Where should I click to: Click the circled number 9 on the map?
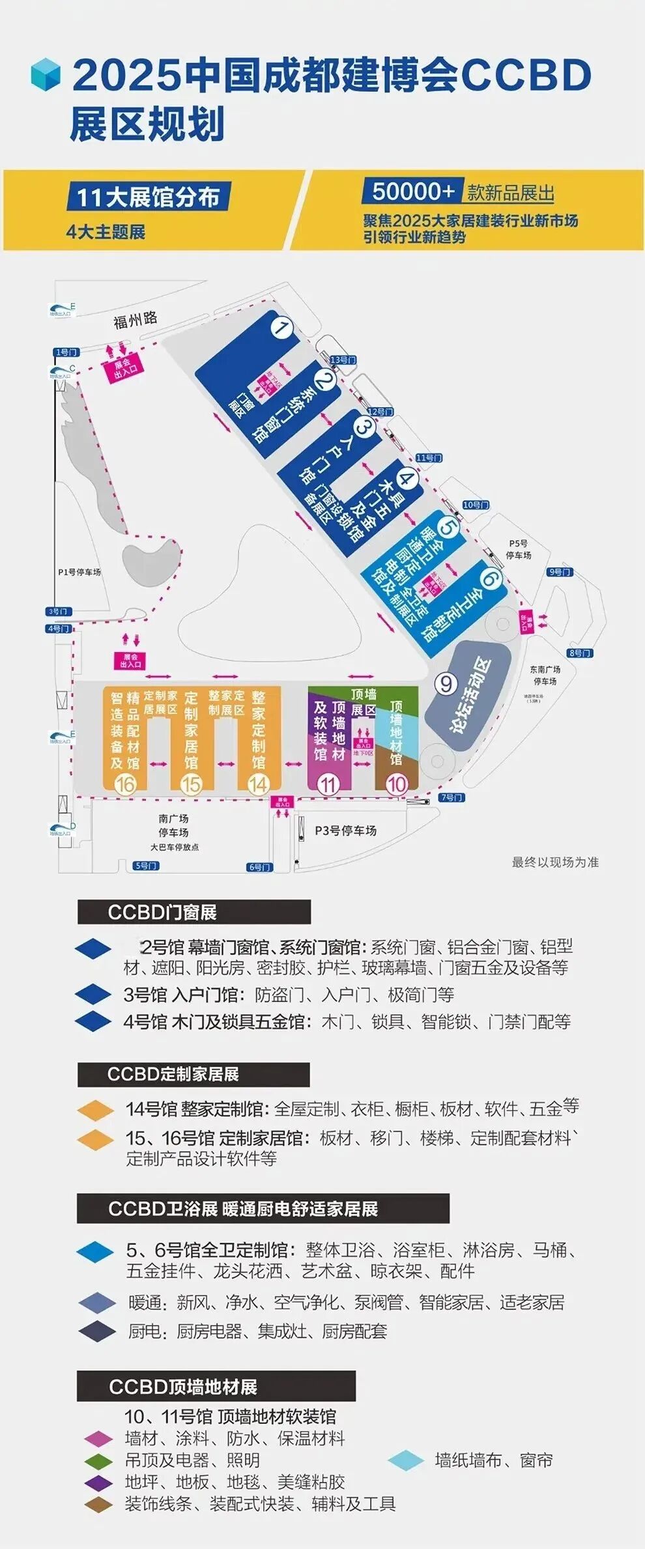point(446,684)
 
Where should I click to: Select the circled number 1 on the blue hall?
point(281,328)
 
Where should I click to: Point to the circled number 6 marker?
point(491,578)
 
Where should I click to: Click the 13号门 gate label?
point(343,360)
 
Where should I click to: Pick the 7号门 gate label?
point(451,797)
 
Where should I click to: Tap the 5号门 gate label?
point(145,866)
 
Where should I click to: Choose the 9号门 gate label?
point(560,572)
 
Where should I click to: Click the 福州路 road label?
point(136,320)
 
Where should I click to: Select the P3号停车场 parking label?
point(345,831)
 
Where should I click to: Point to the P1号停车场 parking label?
point(79,572)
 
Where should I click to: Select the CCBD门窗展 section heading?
point(162,912)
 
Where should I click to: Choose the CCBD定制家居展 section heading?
point(173,1074)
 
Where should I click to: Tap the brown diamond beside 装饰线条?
point(99,1503)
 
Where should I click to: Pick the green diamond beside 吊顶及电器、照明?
point(99,1460)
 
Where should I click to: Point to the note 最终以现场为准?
point(555,862)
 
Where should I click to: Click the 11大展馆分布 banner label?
point(148,197)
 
